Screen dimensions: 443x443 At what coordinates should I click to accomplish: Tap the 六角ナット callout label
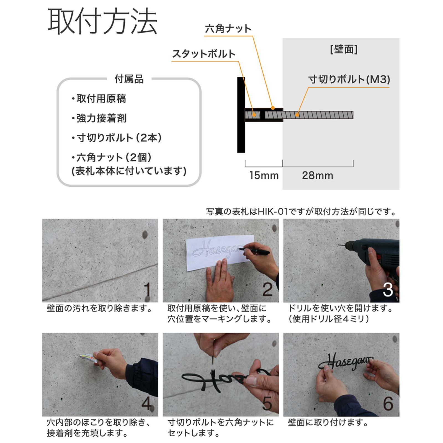[x=228, y=29]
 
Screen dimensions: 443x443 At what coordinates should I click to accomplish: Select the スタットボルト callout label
[x=204, y=54]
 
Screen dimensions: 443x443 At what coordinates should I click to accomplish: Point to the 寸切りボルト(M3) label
[x=349, y=80]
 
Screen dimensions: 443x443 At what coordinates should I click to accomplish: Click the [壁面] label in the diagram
[x=344, y=49]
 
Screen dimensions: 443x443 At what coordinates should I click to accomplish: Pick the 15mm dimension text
[x=264, y=175]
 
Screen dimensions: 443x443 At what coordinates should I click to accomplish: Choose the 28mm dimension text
[x=318, y=175]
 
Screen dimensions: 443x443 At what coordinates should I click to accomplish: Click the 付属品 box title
[x=129, y=79]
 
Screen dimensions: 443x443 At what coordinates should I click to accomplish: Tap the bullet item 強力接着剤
[x=99, y=118]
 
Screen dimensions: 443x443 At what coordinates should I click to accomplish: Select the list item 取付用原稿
[x=99, y=99]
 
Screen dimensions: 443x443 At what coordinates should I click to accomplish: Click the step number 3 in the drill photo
[x=388, y=290]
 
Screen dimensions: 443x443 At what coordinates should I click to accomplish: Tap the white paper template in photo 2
[x=220, y=253]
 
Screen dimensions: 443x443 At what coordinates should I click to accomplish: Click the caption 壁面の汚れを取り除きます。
[x=100, y=308]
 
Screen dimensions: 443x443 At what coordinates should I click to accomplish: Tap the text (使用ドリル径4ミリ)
[x=329, y=319]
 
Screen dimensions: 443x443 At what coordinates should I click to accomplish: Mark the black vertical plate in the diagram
[x=241, y=115]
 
